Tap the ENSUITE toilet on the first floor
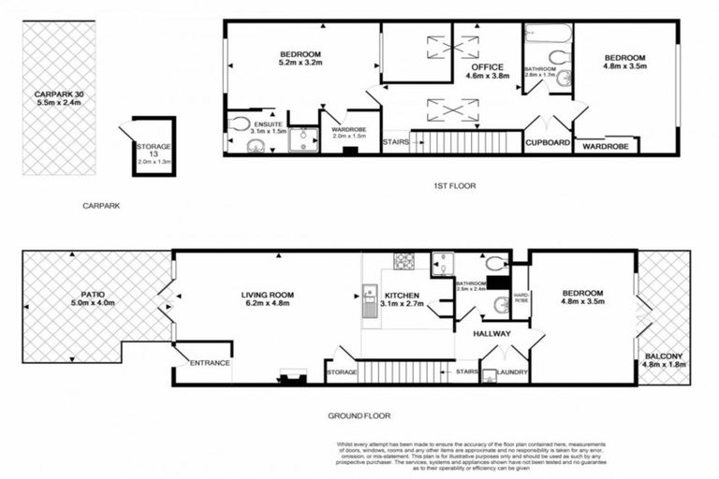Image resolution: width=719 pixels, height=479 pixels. click(x=240, y=123)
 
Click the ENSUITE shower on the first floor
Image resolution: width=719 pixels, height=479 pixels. click(x=302, y=139)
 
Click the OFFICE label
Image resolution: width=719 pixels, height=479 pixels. click(x=487, y=67)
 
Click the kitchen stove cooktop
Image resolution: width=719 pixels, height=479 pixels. click(x=404, y=262)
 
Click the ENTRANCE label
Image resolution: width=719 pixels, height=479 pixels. click(x=210, y=363)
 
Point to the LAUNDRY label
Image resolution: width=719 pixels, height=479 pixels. click(x=512, y=373)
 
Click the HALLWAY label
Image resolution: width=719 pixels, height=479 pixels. click(x=491, y=333)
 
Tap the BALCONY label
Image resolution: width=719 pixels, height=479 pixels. click(x=663, y=356)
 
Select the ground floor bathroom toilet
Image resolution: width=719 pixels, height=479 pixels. click(x=495, y=263)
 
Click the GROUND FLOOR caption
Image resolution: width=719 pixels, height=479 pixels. click(x=359, y=415)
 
